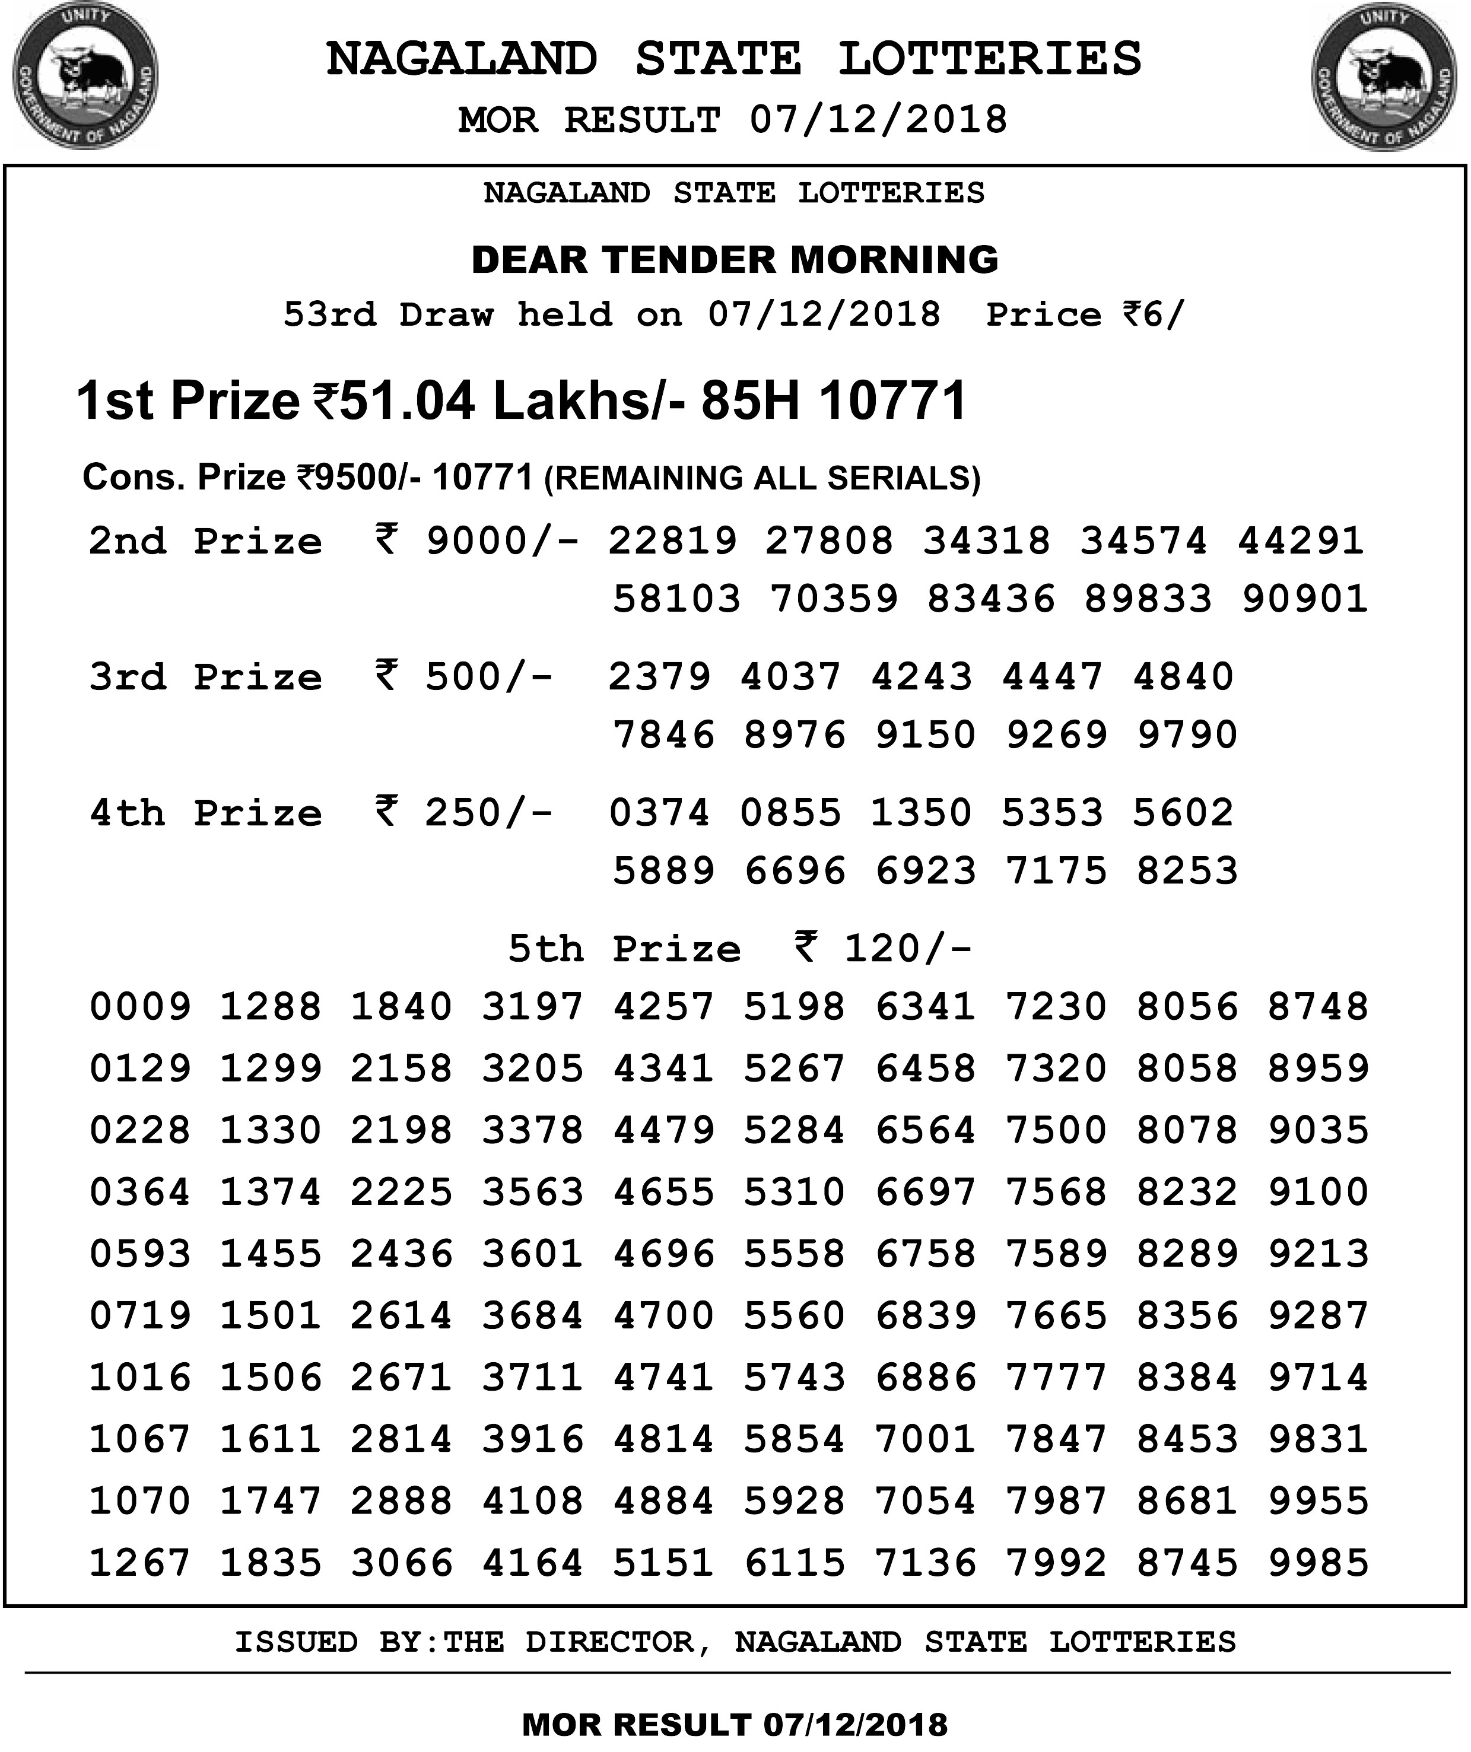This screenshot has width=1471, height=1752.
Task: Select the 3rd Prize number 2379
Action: tap(659, 676)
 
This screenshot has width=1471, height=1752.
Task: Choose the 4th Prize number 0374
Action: tap(659, 813)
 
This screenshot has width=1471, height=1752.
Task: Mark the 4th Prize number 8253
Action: tap(1187, 871)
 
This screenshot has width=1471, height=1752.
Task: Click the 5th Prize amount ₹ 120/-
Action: tap(883, 949)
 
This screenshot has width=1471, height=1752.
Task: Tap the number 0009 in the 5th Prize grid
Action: tap(140, 1007)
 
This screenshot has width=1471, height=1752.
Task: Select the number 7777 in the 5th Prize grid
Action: tap(1056, 1378)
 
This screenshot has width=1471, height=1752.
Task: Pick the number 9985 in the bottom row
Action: tap(1319, 1563)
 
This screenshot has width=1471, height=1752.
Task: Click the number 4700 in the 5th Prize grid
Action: tap(663, 1316)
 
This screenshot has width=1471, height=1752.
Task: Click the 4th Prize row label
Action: tap(205, 813)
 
